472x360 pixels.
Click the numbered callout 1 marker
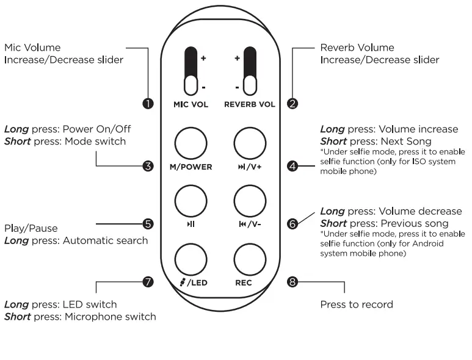click(148, 104)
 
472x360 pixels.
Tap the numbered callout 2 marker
click(292, 104)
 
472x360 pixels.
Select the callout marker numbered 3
click(148, 166)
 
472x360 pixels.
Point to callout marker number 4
click(292, 166)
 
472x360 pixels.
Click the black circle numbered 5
click(148, 223)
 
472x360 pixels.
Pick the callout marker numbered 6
click(292, 223)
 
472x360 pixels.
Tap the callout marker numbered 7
click(148, 282)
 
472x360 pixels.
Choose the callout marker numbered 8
click(292, 282)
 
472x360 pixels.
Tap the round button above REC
click(249, 259)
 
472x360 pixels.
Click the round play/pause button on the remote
click(191, 201)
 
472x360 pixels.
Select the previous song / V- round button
click(249, 201)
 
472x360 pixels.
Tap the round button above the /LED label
click(191, 259)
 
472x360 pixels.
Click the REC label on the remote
click(243, 283)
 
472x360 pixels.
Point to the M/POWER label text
click(191, 167)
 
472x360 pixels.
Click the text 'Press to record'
click(356, 304)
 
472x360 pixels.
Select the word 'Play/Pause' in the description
click(31, 228)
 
